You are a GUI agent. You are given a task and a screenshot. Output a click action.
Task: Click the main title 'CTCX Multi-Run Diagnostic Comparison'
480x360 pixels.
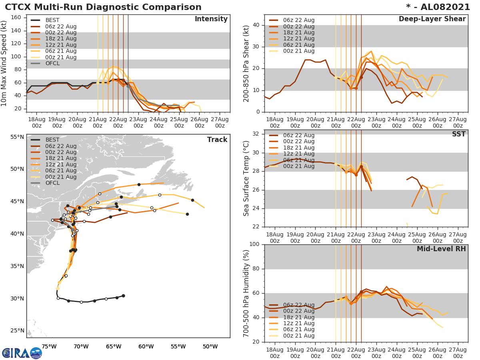[x=103, y=7]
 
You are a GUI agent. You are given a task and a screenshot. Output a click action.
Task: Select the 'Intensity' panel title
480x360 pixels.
[x=211, y=19]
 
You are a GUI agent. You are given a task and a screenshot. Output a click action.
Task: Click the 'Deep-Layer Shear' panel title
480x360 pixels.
[x=432, y=19]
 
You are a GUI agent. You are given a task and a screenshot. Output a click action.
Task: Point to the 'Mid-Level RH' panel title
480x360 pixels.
[x=441, y=249]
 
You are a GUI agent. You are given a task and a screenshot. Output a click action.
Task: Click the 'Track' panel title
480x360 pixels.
[x=217, y=140]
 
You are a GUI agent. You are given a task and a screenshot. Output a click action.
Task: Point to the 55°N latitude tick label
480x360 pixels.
[x=17, y=137]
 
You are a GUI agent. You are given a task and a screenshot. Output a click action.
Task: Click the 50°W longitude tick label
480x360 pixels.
[x=210, y=346]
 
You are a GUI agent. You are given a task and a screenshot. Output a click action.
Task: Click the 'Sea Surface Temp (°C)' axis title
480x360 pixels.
[x=246, y=178]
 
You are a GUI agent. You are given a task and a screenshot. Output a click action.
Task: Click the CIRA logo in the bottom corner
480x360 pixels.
[x=22, y=353]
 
